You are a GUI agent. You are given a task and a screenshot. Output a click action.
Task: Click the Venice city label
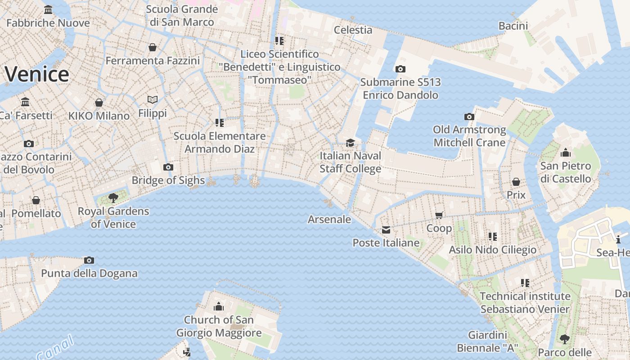[37, 74]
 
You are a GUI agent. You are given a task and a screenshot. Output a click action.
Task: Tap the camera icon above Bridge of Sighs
[168, 167]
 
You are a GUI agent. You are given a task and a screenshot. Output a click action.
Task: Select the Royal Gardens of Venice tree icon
[113, 198]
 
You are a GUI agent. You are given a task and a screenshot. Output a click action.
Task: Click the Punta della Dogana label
[89, 273]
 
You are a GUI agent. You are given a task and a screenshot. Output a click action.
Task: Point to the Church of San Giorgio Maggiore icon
[219, 307]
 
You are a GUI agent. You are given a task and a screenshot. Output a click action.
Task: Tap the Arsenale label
[329, 220]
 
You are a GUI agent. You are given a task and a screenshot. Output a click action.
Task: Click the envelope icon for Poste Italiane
[386, 230]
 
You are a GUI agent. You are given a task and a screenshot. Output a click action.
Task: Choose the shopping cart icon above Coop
[439, 215]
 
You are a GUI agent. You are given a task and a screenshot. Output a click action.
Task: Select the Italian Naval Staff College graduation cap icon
[350, 143]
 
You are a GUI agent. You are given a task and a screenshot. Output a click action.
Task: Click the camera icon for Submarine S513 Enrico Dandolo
[400, 69]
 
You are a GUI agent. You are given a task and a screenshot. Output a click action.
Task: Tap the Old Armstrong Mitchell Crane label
[469, 136]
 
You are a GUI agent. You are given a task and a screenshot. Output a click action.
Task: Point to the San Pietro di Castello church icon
[566, 153]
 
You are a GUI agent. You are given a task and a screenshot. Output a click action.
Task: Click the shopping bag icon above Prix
[516, 182]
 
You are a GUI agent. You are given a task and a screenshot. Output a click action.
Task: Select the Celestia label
[353, 30]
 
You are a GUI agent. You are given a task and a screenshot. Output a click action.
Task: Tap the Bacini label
[513, 26]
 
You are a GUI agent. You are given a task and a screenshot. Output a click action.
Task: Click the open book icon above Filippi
[153, 99]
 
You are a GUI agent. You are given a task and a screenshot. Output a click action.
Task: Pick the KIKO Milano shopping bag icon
[99, 103]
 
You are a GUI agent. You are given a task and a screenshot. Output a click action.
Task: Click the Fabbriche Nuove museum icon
[48, 10]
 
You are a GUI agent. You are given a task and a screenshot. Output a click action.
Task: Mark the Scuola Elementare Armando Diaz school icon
[220, 123]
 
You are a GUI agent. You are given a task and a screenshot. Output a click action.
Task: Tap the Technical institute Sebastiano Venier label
[525, 303]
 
